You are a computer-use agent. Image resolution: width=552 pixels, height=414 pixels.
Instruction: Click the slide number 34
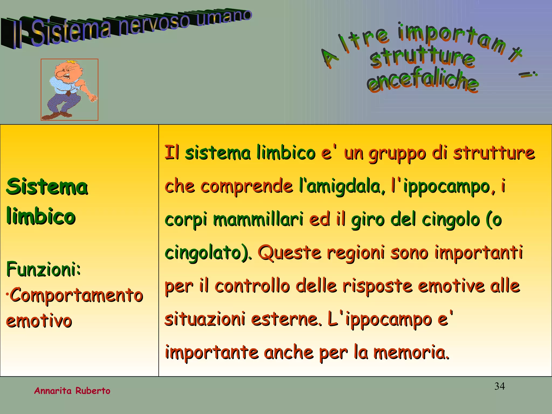point(499,386)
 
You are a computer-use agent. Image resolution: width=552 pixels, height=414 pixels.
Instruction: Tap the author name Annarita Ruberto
point(72,391)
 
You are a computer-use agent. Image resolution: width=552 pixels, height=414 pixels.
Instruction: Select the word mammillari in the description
point(258,219)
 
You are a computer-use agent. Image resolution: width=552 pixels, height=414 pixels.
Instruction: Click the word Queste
point(289,253)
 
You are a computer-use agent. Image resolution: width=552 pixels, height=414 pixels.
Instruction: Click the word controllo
point(252,286)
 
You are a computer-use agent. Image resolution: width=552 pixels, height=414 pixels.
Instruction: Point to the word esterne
point(286,319)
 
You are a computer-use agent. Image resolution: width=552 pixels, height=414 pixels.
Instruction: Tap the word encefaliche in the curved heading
point(422,81)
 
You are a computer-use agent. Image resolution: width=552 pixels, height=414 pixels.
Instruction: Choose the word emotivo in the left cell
point(39,321)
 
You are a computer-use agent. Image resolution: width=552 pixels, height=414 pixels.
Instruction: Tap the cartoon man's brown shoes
point(58,115)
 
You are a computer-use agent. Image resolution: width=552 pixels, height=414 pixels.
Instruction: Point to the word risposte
point(377,286)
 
